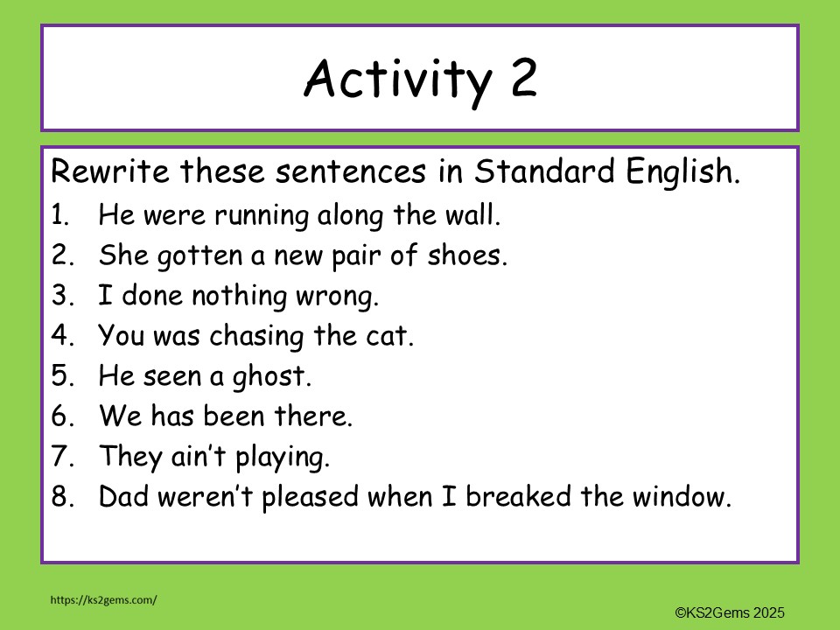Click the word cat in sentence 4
(390, 336)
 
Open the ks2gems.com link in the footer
(104, 599)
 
